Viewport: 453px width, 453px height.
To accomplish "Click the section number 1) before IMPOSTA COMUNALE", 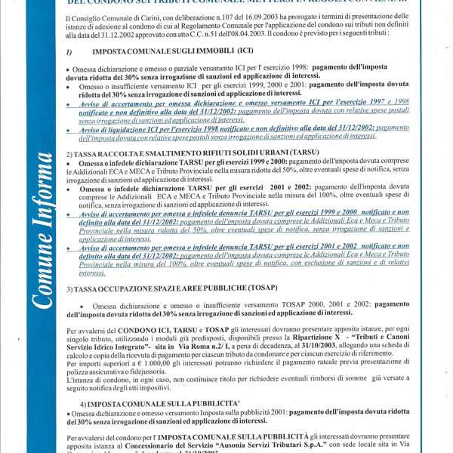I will pos(69,52).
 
